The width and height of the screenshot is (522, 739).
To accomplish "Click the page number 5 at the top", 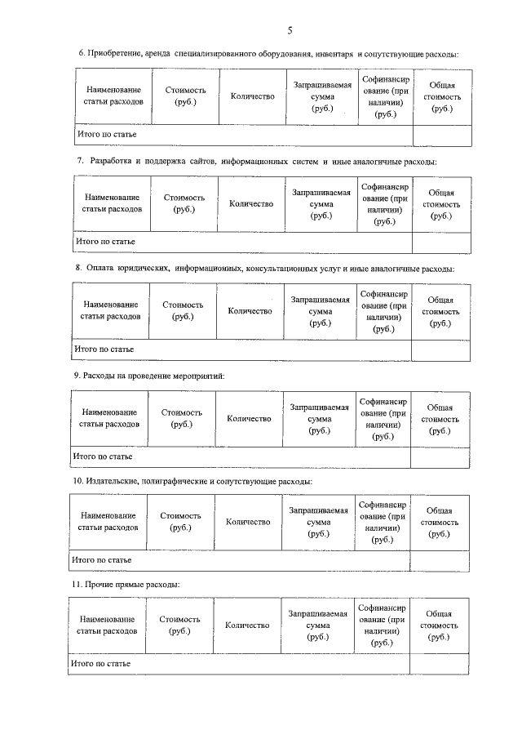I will point(289,31).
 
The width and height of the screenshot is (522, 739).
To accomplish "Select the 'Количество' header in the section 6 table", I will point(253,97).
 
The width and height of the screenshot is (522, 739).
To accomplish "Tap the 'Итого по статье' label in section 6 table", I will point(106,133).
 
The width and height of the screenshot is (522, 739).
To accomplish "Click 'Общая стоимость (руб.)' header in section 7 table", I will point(440,204).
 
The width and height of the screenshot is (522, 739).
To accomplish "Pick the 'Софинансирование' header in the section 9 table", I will point(383,419).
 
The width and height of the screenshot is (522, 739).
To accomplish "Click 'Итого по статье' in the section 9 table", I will point(104,456).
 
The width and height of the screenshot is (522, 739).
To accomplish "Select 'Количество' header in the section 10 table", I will point(248,522).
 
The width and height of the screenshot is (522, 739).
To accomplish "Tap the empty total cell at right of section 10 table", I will point(439,560).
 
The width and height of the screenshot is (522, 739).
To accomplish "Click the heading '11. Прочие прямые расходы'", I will point(126,585).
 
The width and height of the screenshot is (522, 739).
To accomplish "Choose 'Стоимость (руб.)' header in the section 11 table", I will point(180,625).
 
